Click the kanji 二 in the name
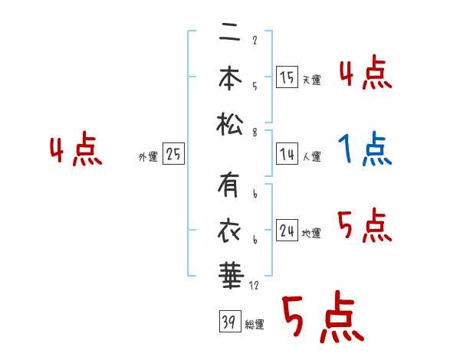coord(229,36)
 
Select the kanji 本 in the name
coord(229,80)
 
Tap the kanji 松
coord(229,123)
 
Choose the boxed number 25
coord(173,155)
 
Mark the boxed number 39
coord(228,322)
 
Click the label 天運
coord(311,80)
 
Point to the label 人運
coord(311,157)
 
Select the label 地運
coord(311,234)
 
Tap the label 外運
coord(147,157)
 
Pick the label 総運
coord(255,325)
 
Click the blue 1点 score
coord(365,149)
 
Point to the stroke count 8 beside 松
coord(254,132)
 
